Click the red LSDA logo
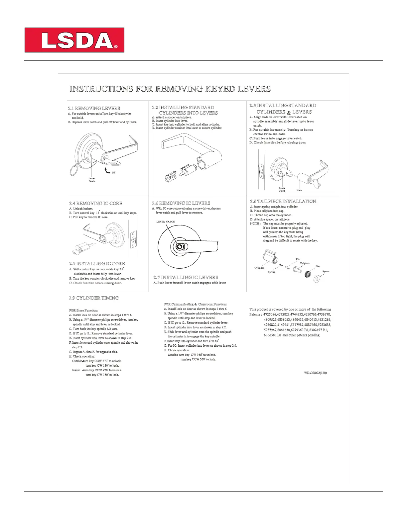tap(74, 40)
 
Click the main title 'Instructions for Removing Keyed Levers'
tap(170, 89)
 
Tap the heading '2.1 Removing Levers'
tap(94, 108)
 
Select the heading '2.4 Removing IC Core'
tap(96, 203)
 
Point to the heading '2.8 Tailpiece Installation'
tap(283, 201)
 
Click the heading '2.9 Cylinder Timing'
tap(94, 298)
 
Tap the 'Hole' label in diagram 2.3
tap(299, 190)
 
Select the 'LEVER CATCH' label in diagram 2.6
tap(165, 221)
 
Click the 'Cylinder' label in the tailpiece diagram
tap(259, 268)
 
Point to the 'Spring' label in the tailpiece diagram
tap(271, 272)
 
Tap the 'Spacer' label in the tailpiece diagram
tap(326, 271)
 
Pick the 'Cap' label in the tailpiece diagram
tap(318, 266)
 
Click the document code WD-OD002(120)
tap(315, 373)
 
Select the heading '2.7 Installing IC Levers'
tap(186, 277)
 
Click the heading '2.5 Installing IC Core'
tap(97, 264)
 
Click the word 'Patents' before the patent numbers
tap(255, 314)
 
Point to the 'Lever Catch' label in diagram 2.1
tap(92, 180)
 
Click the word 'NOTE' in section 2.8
tap(255, 223)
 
